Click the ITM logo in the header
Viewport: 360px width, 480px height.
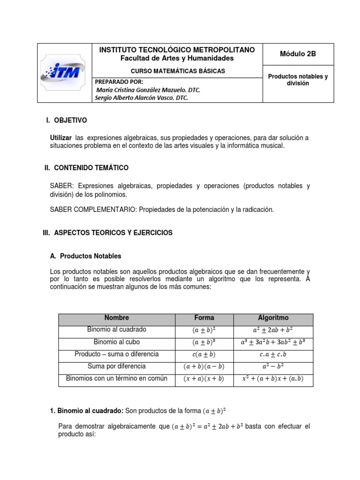63,73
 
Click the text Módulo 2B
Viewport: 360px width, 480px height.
298,54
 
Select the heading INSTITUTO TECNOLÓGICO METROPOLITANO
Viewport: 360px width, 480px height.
177,50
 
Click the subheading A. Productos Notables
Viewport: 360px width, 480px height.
85,256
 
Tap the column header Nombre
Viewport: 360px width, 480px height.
117,318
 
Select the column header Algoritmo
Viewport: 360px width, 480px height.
273,318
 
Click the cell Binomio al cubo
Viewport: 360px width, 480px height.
117,342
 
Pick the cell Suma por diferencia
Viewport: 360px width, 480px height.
117,366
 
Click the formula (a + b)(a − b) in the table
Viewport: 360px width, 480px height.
204,367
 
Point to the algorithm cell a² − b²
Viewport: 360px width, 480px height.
273,367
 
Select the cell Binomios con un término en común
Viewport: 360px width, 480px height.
117,378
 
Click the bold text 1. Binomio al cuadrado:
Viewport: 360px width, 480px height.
87,411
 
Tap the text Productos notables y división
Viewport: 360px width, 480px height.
298,80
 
